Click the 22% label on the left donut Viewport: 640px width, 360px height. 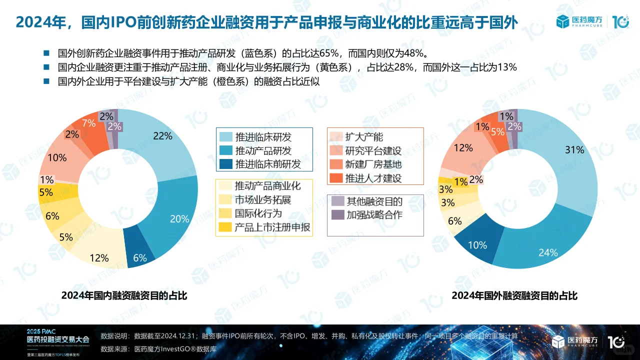click(162, 136)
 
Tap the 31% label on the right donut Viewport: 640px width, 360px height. click(574, 149)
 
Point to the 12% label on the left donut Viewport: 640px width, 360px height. click(99, 258)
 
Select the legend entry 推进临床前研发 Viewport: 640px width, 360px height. click(267, 164)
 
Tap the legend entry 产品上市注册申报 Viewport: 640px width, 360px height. click(272, 227)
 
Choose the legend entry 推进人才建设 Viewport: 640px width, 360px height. click(373, 178)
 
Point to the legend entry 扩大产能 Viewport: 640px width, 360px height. click(363, 137)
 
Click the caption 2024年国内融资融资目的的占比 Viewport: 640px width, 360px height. click(124, 295)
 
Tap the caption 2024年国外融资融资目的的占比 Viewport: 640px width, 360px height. click(514, 295)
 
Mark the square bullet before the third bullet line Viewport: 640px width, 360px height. click(47, 81)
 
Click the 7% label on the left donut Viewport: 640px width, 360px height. click(88, 123)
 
